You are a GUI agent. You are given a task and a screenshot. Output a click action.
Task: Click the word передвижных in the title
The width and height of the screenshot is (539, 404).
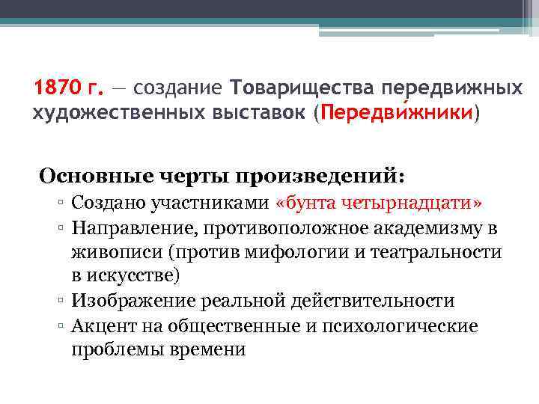point(452,89)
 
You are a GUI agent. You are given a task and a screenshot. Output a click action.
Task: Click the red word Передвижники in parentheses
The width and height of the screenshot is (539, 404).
point(397,114)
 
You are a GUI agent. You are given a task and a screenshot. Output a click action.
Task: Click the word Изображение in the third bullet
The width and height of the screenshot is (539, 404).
point(133,301)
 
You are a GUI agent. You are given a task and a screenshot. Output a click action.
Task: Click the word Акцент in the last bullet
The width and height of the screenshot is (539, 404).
point(100,325)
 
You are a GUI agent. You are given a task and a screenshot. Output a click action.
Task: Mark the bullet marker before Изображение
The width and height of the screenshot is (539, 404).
point(64,302)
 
